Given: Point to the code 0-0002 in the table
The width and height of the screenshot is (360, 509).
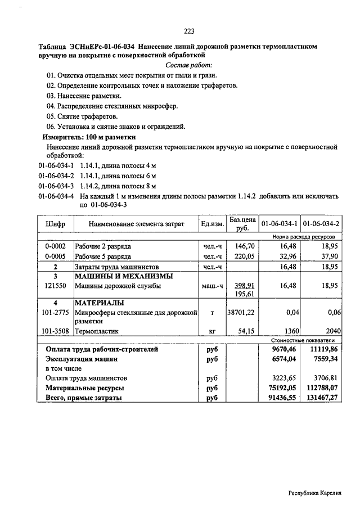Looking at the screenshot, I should (56, 246).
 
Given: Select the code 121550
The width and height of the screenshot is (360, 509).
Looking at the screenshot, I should (56, 286).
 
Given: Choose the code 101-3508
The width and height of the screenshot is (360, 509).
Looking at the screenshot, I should (56, 332).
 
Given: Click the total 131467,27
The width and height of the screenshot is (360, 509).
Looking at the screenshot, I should (321, 398).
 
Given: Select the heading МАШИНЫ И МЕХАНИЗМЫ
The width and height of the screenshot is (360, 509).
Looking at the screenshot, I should (124, 276).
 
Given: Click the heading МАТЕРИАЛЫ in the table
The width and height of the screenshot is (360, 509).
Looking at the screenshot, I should (100, 303).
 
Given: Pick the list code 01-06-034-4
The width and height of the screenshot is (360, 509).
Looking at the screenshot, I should (56, 197).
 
